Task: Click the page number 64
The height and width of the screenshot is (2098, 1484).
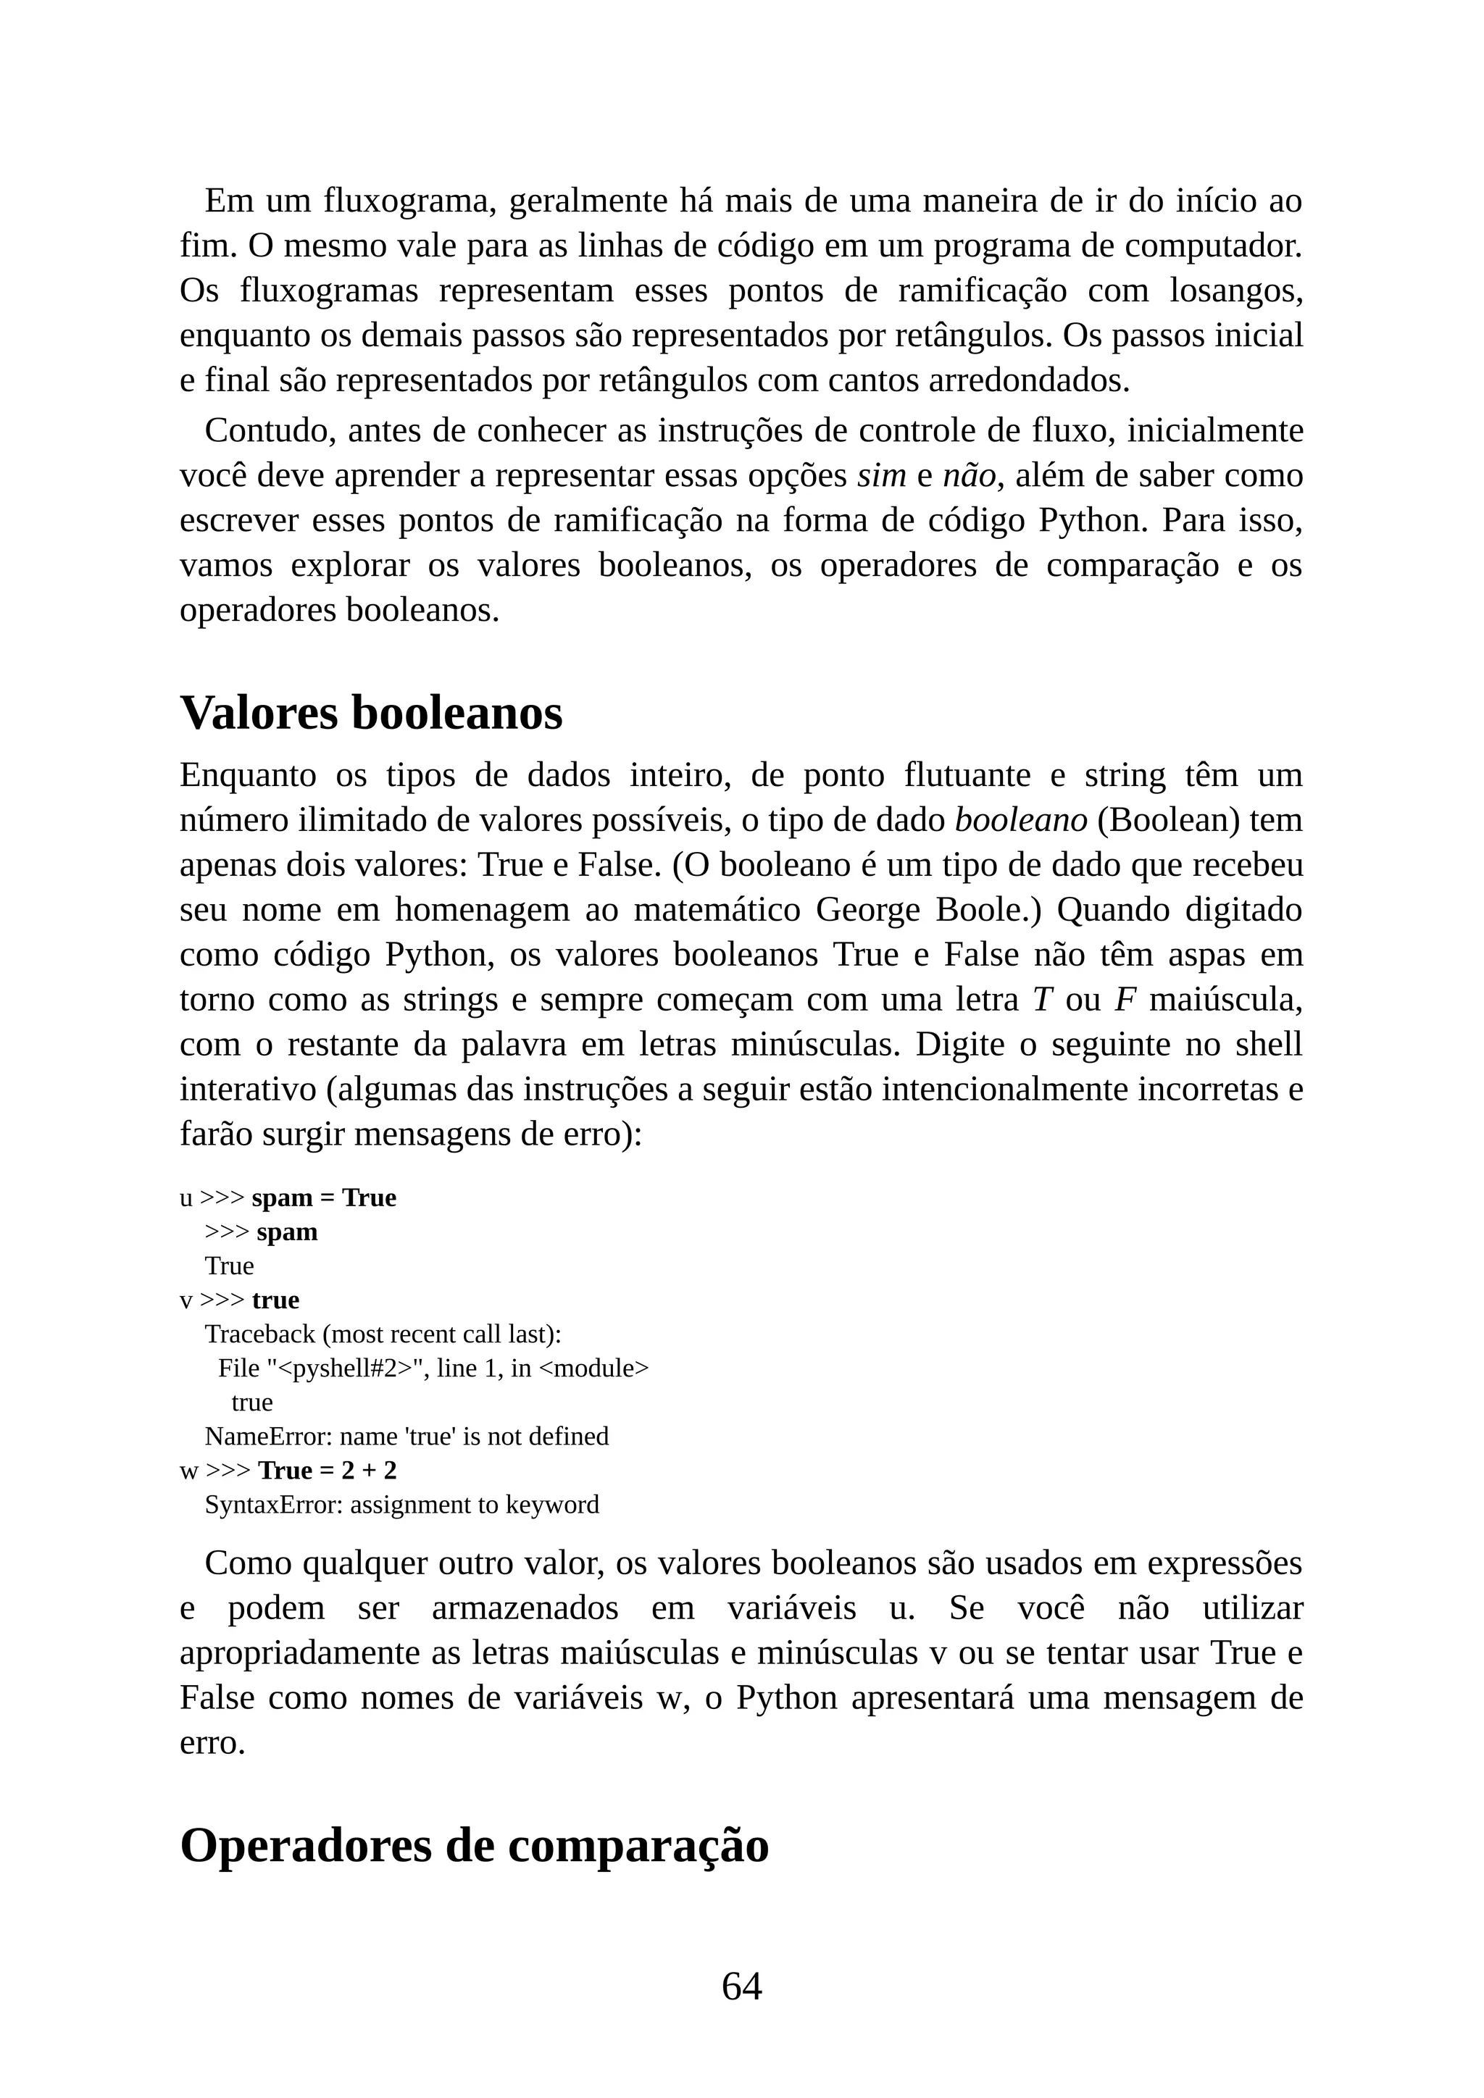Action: [x=741, y=1986]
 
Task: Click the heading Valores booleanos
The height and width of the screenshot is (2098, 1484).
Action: [x=371, y=713]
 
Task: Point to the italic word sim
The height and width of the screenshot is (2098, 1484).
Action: [x=881, y=476]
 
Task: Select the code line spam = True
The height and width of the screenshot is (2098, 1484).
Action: [x=323, y=1198]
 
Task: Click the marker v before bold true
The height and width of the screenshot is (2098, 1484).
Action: [x=185, y=1300]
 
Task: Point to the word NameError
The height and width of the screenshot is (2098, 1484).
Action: [x=267, y=1437]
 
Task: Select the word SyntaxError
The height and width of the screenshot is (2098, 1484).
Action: [x=273, y=1505]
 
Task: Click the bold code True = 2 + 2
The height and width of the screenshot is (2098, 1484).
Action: [x=327, y=1471]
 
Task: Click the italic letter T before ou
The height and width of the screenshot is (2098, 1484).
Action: [x=1043, y=1000]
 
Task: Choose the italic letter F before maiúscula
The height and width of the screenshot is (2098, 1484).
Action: [x=1125, y=1000]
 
